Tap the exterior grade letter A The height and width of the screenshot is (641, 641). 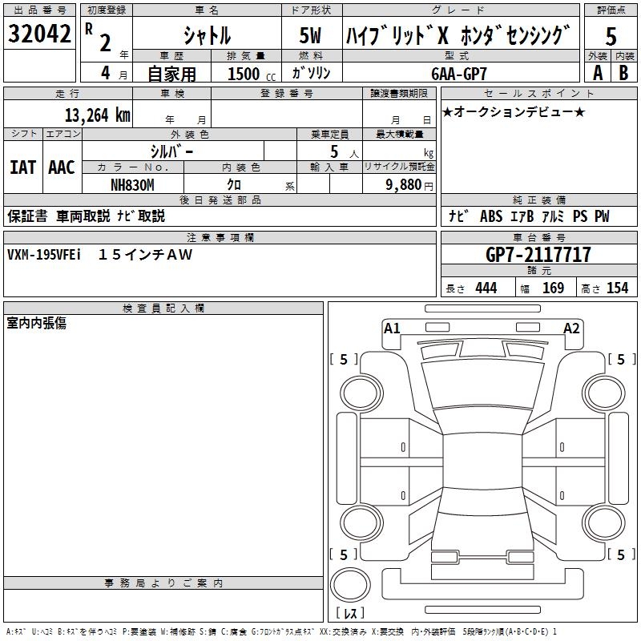click(x=597, y=72)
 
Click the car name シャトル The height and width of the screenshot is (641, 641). click(x=207, y=35)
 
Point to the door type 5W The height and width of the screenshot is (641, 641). click(x=311, y=35)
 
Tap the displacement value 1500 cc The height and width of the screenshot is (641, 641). click(x=249, y=74)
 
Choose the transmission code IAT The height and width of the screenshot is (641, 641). click(x=22, y=167)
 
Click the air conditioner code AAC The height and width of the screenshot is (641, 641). click(x=61, y=167)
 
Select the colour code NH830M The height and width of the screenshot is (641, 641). click(x=132, y=184)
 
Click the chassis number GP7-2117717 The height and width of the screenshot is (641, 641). click(x=538, y=255)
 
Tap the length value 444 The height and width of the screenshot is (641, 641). click(x=486, y=288)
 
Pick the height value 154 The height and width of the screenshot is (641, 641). click(x=617, y=288)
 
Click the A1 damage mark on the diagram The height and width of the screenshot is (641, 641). click(x=392, y=328)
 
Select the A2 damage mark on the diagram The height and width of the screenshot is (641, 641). click(x=571, y=328)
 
